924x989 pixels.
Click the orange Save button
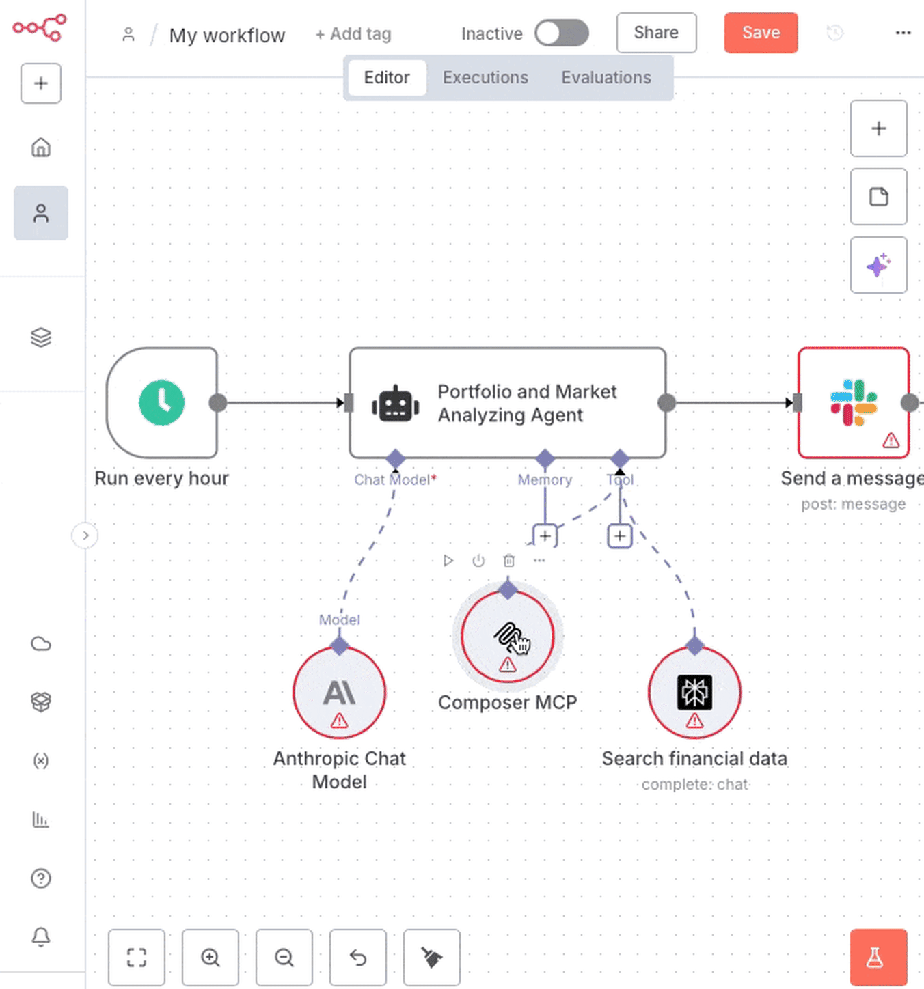pyautogui.click(x=761, y=33)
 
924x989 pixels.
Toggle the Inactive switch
pyautogui.click(x=561, y=33)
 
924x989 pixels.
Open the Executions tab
pyautogui.click(x=485, y=78)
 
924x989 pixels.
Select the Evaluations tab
pyautogui.click(x=606, y=78)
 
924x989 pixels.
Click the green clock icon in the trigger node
pyautogui.click(x=162, y=402)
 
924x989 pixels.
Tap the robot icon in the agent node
pyautogui.click(x=395, y=404)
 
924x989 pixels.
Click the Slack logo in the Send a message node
pyautogui.click(x=853, y=402)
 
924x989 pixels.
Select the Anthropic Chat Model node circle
pyautogui.click(x=340, y=693)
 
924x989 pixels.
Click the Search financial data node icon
pyautogui.click(x=694, y=693)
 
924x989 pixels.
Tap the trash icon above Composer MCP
pyautogui.click(x=509, y=561)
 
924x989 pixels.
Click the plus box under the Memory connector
pyautogui.click(x=545, y=536)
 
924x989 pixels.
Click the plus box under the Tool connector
pyautogui.click(x=619, y=536)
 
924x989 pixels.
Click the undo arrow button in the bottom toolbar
pyautogui.click(x=358, y=958)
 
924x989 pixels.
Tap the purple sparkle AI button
pyautogui.click(x=878, y=265)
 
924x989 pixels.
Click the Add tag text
pyautogui.click(x=353, y=34)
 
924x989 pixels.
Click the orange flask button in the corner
pyautogui.click(x=878, y=958)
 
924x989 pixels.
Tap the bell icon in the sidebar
pyautogui.click(x=41, y=936)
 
